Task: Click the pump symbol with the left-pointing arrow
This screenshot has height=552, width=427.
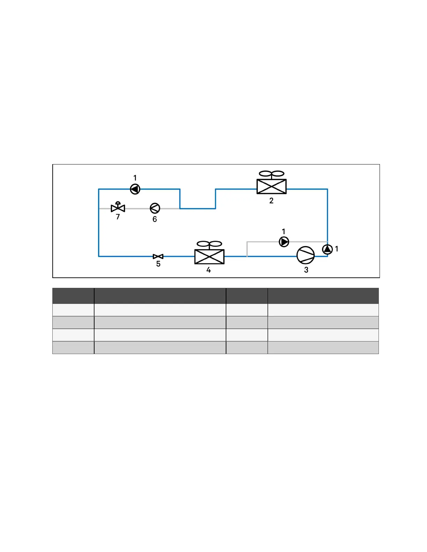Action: click(x=135, y=189)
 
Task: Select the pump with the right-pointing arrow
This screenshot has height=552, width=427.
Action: click(x=284, y=242)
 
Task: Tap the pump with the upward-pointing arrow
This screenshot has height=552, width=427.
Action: click(x=327, y=249)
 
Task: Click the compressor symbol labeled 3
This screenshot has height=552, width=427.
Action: click(x=306, y=255)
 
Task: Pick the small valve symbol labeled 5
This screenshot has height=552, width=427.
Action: click(x=158, y=256)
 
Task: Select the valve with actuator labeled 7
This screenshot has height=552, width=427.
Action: click(x=118, y=208)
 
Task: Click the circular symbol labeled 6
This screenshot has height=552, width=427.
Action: click(x=155, y=208)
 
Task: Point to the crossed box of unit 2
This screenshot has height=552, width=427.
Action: click(x=271, y=186)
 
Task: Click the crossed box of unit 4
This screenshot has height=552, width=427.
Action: click(x=209, y=256)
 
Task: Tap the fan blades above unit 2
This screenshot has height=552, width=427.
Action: click(x=272, y=174)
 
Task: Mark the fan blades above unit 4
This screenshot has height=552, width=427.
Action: click(x=209, y=244)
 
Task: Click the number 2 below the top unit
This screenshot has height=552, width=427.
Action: click(x=271, y=201)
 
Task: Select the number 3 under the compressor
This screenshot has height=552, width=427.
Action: click(x=306, y=270)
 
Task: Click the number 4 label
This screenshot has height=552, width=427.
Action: click(x=209, y=270)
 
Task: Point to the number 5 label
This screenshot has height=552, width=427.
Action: click(x=158, y=264)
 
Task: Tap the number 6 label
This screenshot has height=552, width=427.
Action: click(x=155, y=219)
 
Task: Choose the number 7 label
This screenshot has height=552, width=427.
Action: click(x=118, y=217)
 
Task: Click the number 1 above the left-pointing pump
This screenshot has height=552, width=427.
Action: click(x=135, y=178)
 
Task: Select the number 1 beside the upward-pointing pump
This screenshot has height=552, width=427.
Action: click(x=337, y=249)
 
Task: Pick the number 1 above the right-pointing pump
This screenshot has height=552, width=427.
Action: click(x=284, y=231)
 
